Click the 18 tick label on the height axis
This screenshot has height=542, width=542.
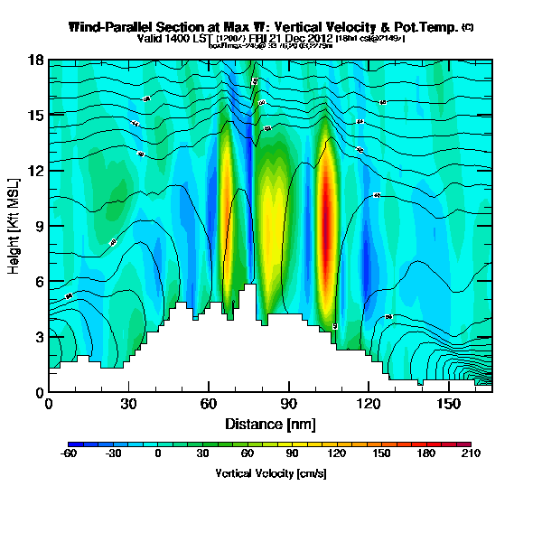coord(37,60)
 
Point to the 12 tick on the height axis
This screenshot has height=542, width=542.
coord(37,170)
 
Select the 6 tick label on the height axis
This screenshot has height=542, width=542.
coord(40,281)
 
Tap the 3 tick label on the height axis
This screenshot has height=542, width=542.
coord(40,336)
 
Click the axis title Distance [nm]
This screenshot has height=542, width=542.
coord(271,424)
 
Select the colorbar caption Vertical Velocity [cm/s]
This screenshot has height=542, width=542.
coord(271,473)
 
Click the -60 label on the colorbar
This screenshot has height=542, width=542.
coord(69,454)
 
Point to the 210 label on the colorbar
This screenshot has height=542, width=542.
coord(472,454)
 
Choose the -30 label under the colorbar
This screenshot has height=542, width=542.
coord(113,454)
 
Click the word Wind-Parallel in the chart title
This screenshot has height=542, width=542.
coord(108,27)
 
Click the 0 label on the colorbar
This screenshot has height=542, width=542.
coord(158,454)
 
